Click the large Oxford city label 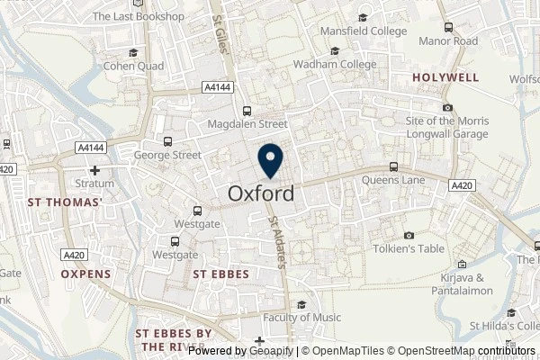pyautogui.click(x=260, y=193)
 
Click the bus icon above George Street pyautogui.click(x=167, y=141)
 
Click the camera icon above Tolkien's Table pyautogui.click(x=409, y=235)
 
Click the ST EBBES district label pyautogui.click(x=221, y=274)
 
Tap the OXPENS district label pyautogui.click(x=86, y=274)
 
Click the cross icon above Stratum pyautogui.click(x=94, y=170)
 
